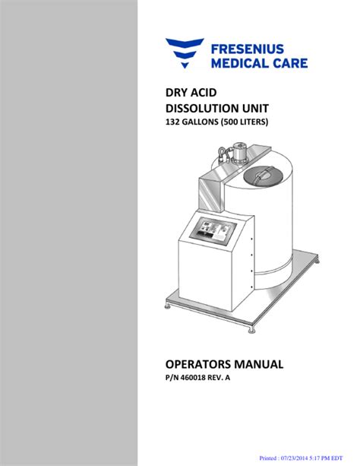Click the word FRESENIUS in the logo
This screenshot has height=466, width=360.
tap(247, 49)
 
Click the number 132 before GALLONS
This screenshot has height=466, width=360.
tap(172, 122)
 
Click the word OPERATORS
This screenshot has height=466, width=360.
tap(198, 364)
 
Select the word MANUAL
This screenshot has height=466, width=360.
tap(258, 364)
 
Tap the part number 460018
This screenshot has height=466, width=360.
tap(193, 378)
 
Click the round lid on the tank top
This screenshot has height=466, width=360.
tap(262, 176)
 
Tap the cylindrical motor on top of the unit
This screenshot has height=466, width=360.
tap(240, 153)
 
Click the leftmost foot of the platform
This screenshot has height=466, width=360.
tap(168, 306)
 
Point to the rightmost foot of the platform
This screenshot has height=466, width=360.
tap(317, 262)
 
